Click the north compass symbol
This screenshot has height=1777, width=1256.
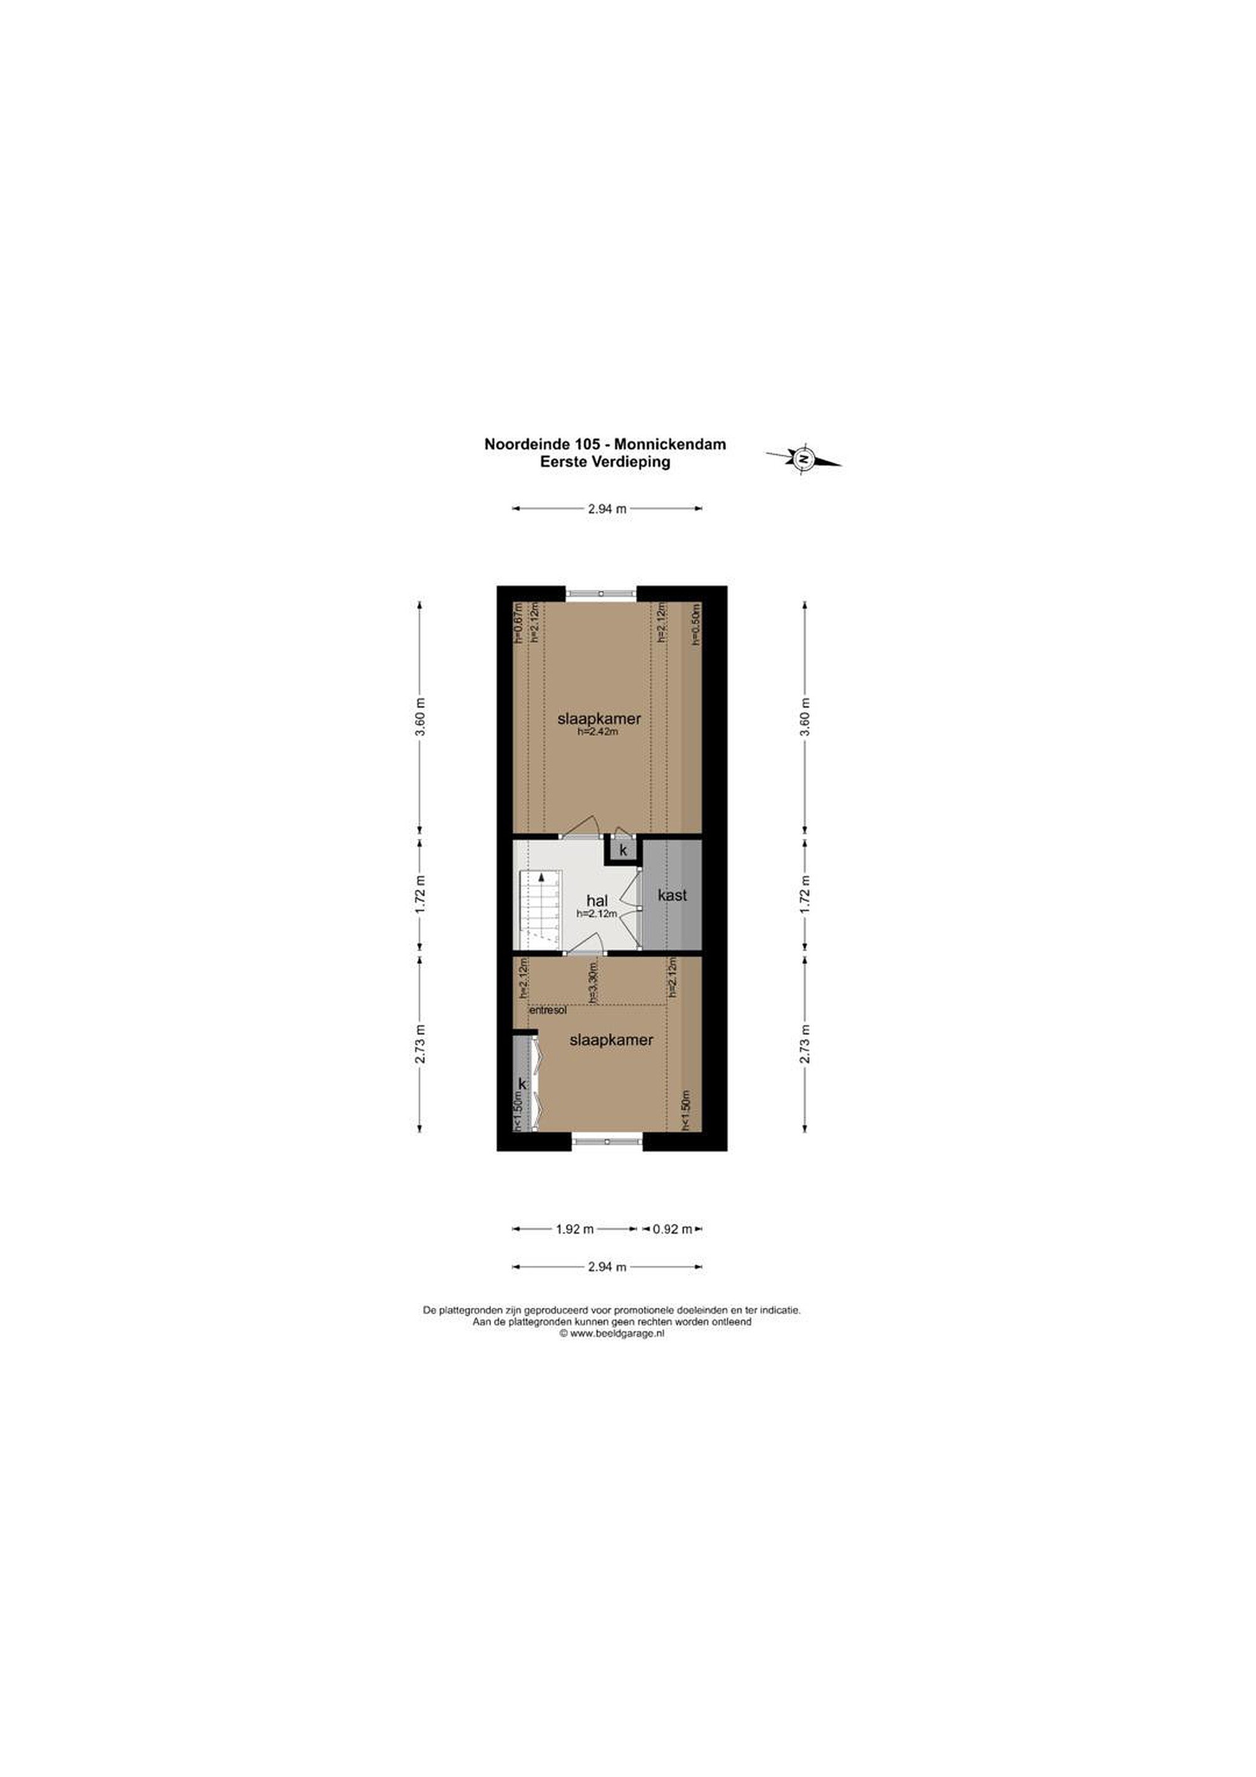[x=803, y=458]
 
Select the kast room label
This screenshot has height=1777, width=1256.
[x=672, y=895]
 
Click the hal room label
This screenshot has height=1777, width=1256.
[x=597, y=901]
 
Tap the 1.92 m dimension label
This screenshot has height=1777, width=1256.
[x=575, y=1228]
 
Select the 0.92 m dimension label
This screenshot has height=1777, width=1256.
[x=672, y=1228]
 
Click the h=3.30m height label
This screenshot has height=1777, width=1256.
[x=593, y=983]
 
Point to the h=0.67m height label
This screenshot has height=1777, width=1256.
[x=519, y=623]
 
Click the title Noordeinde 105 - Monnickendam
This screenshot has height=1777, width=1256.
[x=605, y=444]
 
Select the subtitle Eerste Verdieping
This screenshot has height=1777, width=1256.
[x=605, y=462]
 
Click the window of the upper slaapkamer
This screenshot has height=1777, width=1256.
[x=601, y=593]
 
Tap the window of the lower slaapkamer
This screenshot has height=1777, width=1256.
[x=608, y=1141]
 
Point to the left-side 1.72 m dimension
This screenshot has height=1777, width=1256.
[x=420, y=895]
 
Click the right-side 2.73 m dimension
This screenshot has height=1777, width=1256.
[x=805, y=1044]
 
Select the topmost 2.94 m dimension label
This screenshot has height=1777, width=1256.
[x=608, y=508]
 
